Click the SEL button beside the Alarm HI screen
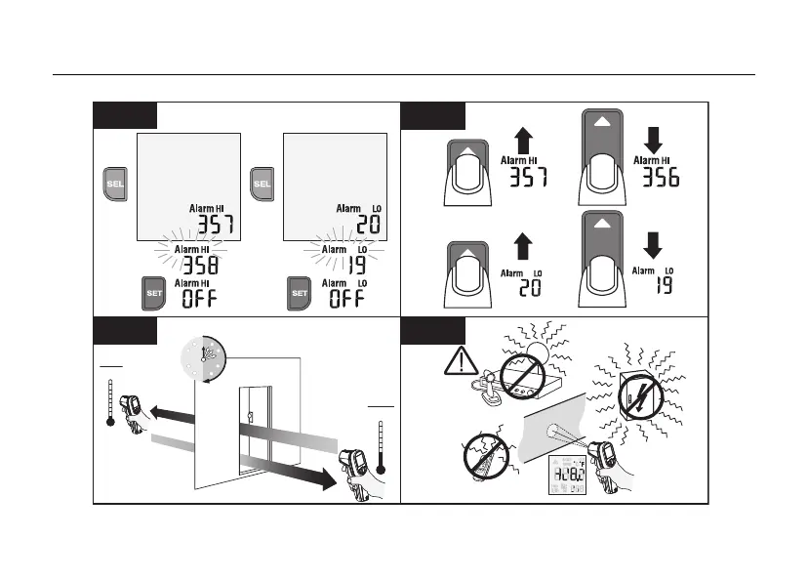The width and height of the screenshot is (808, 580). click(x=115, y=183)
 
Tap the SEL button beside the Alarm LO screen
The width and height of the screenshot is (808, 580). click(x=262, y=183)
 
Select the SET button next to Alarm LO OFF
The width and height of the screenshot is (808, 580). click(x=300, y=293)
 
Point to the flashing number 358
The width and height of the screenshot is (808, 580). click(x=201, y=265)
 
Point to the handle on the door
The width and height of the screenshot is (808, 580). click(x=250, y=417)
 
